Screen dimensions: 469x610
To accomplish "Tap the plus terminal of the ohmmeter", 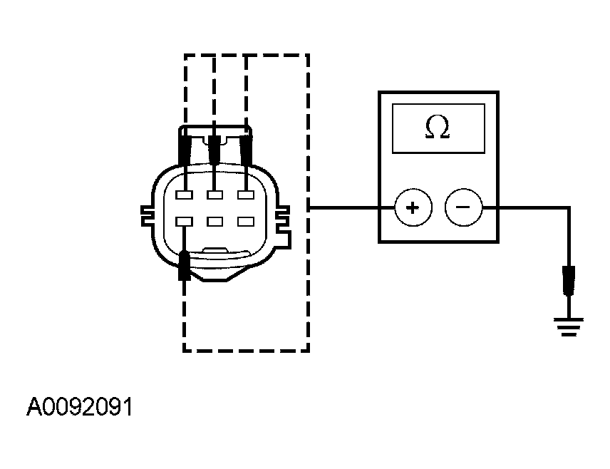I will point(412,208).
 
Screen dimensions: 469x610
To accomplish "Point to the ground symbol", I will point(568,327).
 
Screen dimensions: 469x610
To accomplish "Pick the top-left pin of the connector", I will point(184,195).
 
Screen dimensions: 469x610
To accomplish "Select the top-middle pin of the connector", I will point(214,195).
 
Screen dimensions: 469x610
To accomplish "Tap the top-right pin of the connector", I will point(245,195).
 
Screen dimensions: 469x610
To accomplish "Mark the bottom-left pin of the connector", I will point(184,222).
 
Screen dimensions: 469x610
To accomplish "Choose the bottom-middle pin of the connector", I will point(214,222).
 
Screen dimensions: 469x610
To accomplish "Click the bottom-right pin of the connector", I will point(245,222).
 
